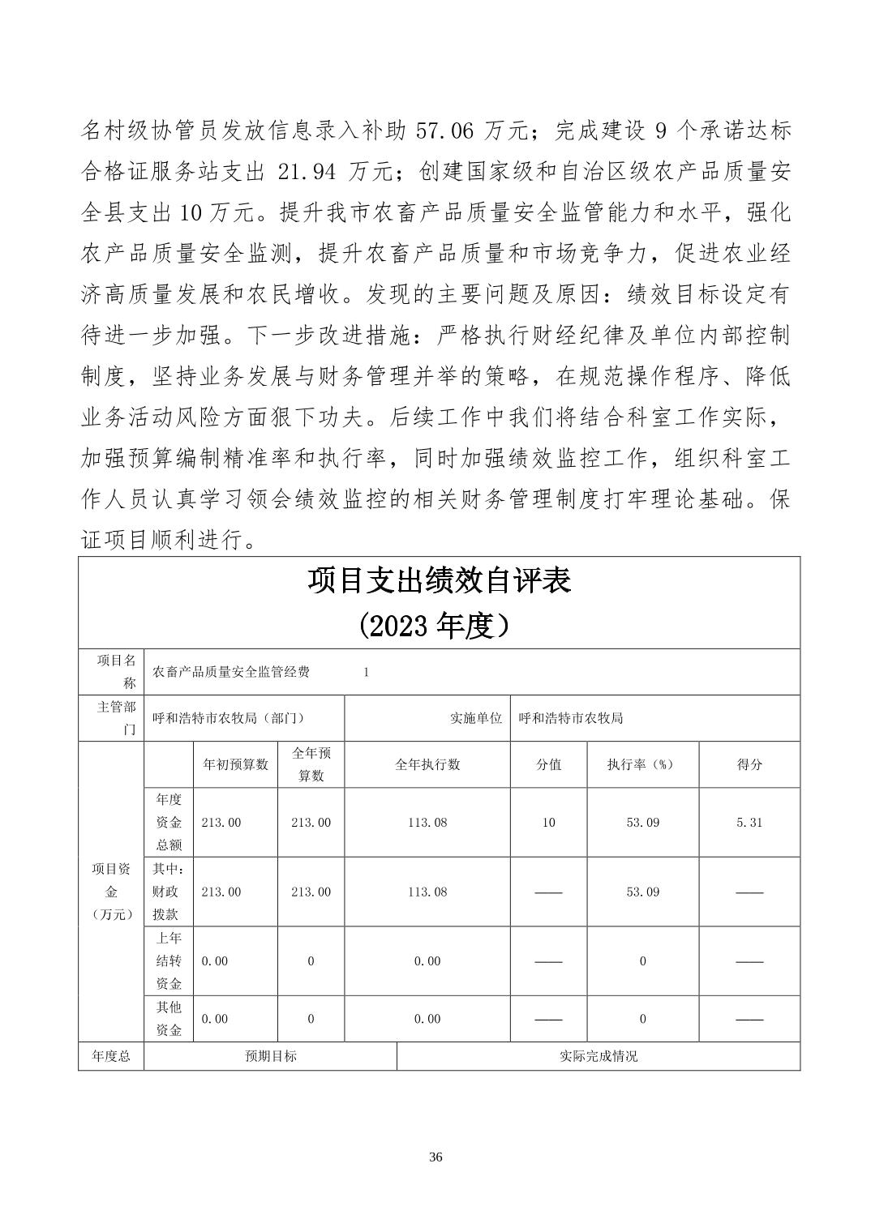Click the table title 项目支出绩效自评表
[x=439, y=581]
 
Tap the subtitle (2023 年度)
[x=439, y=625]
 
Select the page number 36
[x=435, y=1157]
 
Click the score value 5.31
[x=749, y=822]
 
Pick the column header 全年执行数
[x=427, y=764]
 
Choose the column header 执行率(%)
[x=641, y=764]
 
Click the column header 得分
[x=749, y=764]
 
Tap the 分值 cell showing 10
[x=549, y=822]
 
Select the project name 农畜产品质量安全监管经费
[x=231, y=672]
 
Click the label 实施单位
[x=476, y=718]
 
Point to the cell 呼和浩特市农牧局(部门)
[x=229, y=718]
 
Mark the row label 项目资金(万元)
[x=111, y=892]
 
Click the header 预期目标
[x=271, y=1056]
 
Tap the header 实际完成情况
[x=599, y=1056]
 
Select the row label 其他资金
[x=169, y=1019]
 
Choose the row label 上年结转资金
[x=169, y=961]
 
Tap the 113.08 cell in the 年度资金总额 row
[x=427, y=822]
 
